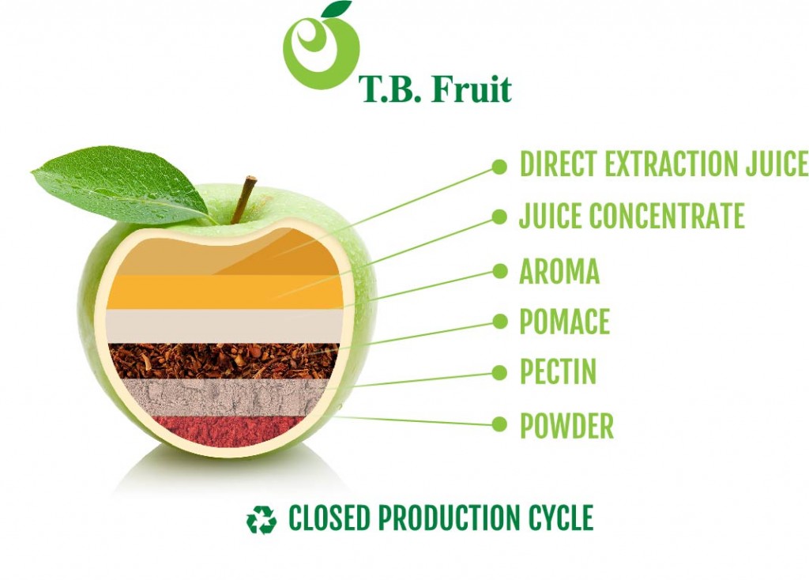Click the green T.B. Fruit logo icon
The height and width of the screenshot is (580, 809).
click(321, 47)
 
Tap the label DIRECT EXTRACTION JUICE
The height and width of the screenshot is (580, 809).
click(664, 164)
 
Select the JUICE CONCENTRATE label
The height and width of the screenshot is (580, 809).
click(631, 216)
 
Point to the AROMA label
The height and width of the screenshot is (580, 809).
click(559, 271)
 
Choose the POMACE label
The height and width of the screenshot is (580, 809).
click(564, 322)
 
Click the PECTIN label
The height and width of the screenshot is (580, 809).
click(558, 371)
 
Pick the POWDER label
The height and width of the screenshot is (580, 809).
click(566, 426)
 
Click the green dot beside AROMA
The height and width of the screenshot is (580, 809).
click(499, 271)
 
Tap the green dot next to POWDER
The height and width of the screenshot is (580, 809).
click(499, 424)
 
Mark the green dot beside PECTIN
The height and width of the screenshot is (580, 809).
click(499, 372)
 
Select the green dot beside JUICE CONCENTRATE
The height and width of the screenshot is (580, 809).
click(499, 217)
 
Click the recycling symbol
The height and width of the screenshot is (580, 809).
click(262, 519)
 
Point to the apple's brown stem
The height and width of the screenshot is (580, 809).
click(243, 200)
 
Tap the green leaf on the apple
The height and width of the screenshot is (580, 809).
click(121, 185)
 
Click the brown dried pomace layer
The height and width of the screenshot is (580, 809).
click(224, 361)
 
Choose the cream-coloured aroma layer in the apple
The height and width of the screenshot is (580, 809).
click(224, 326)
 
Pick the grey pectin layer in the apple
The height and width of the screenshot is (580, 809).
click(223, 397)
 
